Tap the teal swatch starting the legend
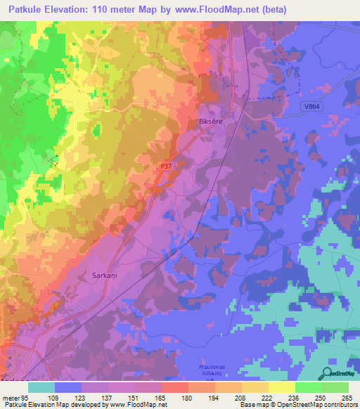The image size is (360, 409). pos(41,387)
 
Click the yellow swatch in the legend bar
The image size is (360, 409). pos(282,387)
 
